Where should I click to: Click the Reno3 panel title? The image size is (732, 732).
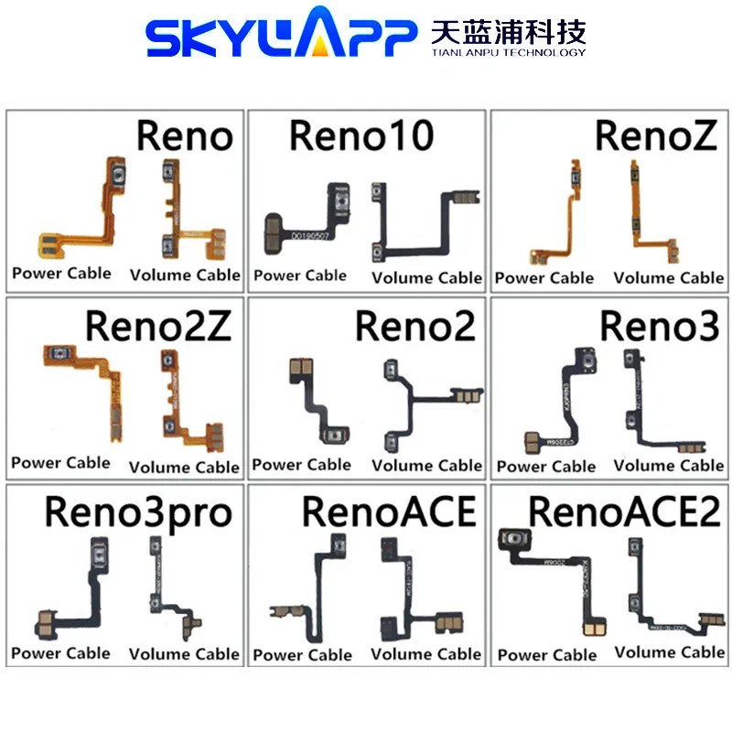pyautogui.click(x=659, y=325)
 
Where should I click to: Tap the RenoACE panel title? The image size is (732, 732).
pyautogui.click(x=389, y=512)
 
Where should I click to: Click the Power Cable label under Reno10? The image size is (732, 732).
pyautogui.click(x=301, y=275)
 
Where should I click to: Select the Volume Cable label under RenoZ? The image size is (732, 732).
pyautogui.click(x=668, y=277)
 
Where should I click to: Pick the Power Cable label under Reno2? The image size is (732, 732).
pyautogui.click(x=301, y=465)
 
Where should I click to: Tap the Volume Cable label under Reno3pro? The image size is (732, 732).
pyautogui.click(x=184, y=653)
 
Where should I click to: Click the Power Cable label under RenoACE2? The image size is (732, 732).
pyautogui.click(x=547, y=654)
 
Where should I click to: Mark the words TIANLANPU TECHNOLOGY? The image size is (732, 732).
pyautogui.click(x=508, y=52)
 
